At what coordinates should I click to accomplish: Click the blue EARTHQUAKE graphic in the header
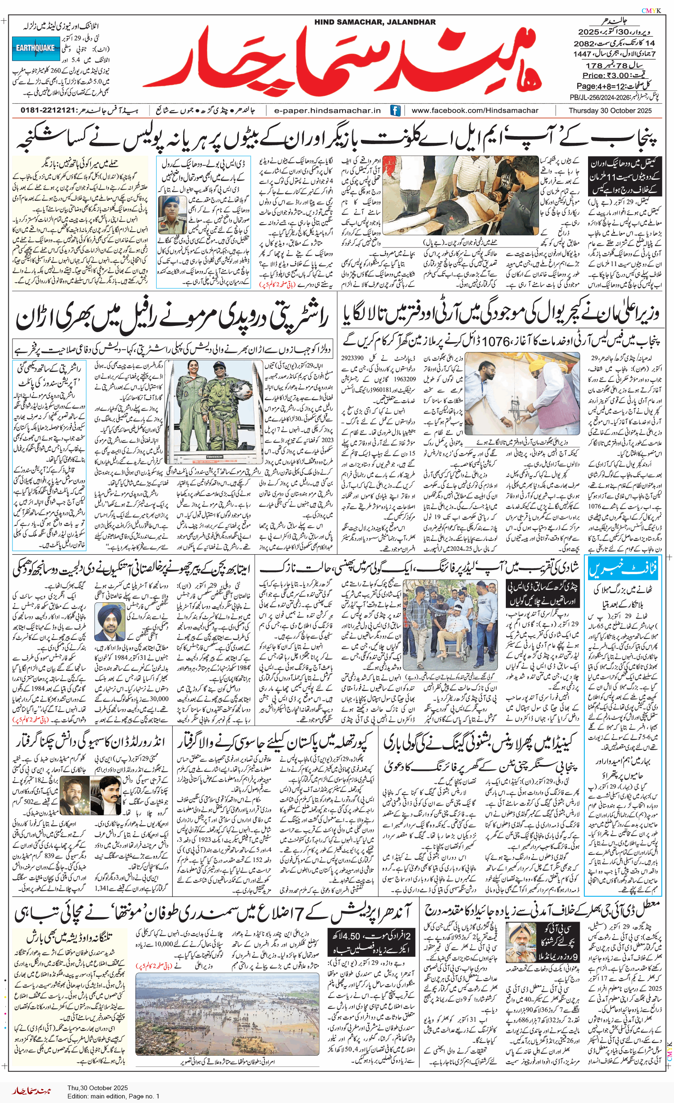35,48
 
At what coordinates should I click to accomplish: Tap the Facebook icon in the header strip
395,110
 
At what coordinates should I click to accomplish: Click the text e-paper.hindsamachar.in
327,110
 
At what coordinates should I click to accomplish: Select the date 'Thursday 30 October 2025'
610,110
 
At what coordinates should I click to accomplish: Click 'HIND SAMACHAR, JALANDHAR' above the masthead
375,22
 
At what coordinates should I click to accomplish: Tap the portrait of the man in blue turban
110,621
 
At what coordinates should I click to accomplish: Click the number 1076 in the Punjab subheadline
495,342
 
